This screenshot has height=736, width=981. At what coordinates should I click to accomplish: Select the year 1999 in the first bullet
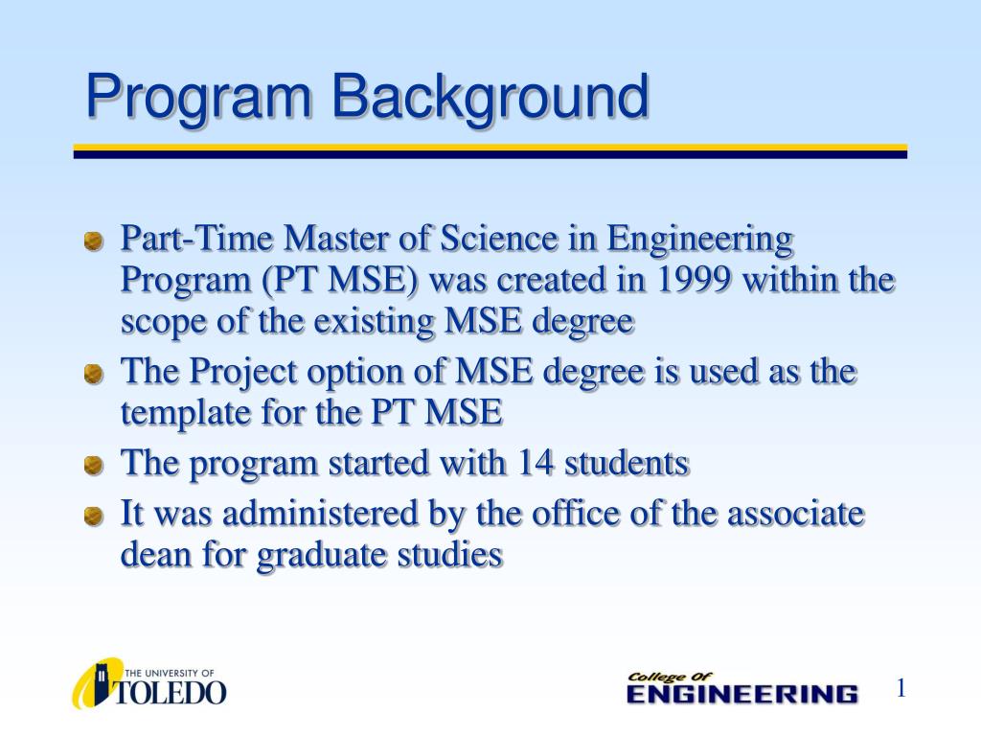click(x=696, y=281)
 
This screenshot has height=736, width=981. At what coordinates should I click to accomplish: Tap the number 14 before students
click(x=536, y=464)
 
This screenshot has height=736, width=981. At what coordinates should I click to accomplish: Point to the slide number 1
click(x=901, y=688)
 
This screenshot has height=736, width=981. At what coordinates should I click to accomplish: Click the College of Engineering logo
click(x=741, y=688)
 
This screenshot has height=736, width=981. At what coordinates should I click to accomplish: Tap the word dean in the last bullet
click(x=155, y=555)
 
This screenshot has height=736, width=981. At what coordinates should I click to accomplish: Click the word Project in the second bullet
click(x=252, y=372)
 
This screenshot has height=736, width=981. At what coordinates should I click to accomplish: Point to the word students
click(x=627, y=464)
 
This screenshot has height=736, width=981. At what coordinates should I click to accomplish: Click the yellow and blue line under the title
click(x=490, y=151)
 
